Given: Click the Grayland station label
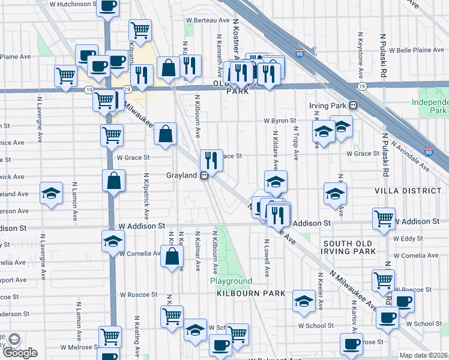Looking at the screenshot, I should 182,176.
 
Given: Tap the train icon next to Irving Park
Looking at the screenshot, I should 354,105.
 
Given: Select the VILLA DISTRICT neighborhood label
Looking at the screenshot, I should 408,191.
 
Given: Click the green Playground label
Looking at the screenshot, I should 231,281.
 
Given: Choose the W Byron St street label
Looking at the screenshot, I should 280,121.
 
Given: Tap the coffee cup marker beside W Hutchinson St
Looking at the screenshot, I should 107,7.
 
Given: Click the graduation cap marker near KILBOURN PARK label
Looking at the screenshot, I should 304,301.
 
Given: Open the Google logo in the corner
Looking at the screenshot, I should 20,353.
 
